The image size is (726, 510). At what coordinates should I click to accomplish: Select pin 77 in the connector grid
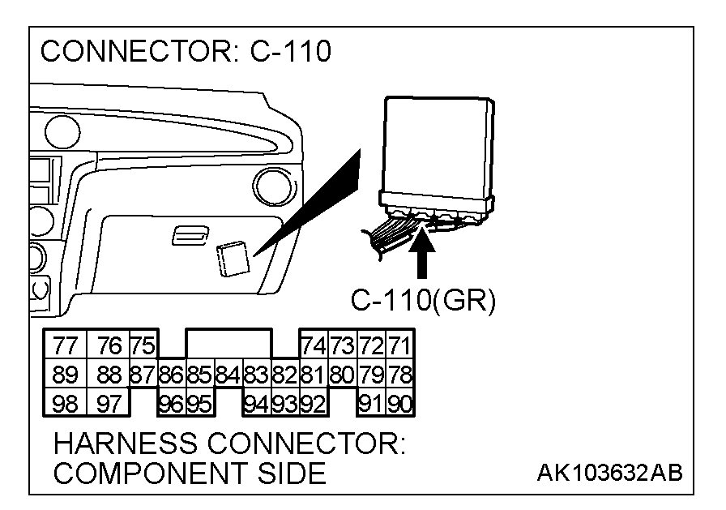coord(64,345)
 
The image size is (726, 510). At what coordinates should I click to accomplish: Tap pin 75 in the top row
coord(143,345)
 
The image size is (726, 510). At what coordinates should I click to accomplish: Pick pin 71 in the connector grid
coord(399,345)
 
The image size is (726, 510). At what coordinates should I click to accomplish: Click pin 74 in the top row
coord(314,345)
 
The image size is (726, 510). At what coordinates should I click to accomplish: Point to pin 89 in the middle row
coord(64,375)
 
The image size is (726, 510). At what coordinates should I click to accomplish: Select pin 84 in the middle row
coord(228,375)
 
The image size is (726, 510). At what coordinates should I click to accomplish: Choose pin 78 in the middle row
coord(399,375)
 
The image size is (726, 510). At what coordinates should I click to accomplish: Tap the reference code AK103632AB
coord(609,472)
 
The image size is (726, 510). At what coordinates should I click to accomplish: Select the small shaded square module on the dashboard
coord(233,258)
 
